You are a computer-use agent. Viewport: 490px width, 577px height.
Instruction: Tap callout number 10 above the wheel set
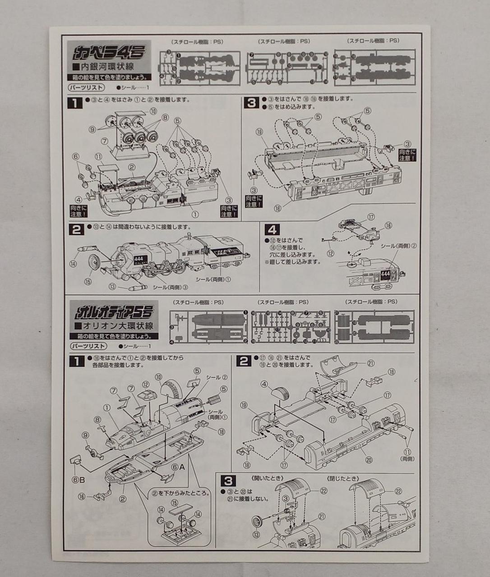[x=153, y=111]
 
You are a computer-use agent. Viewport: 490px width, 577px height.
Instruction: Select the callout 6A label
[x=178, y=467]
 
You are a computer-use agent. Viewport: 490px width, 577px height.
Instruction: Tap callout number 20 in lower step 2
[x=369, y=461]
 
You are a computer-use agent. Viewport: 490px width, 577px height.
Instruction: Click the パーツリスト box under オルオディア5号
[x=88, y=346]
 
